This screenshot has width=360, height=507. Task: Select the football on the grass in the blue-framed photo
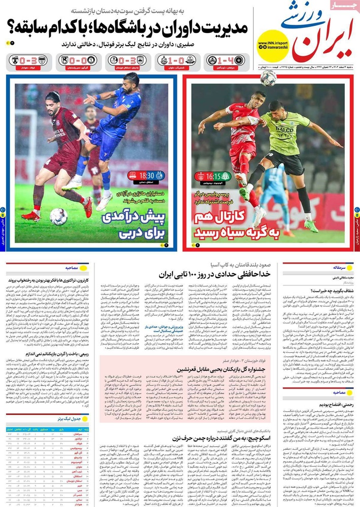58,216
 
